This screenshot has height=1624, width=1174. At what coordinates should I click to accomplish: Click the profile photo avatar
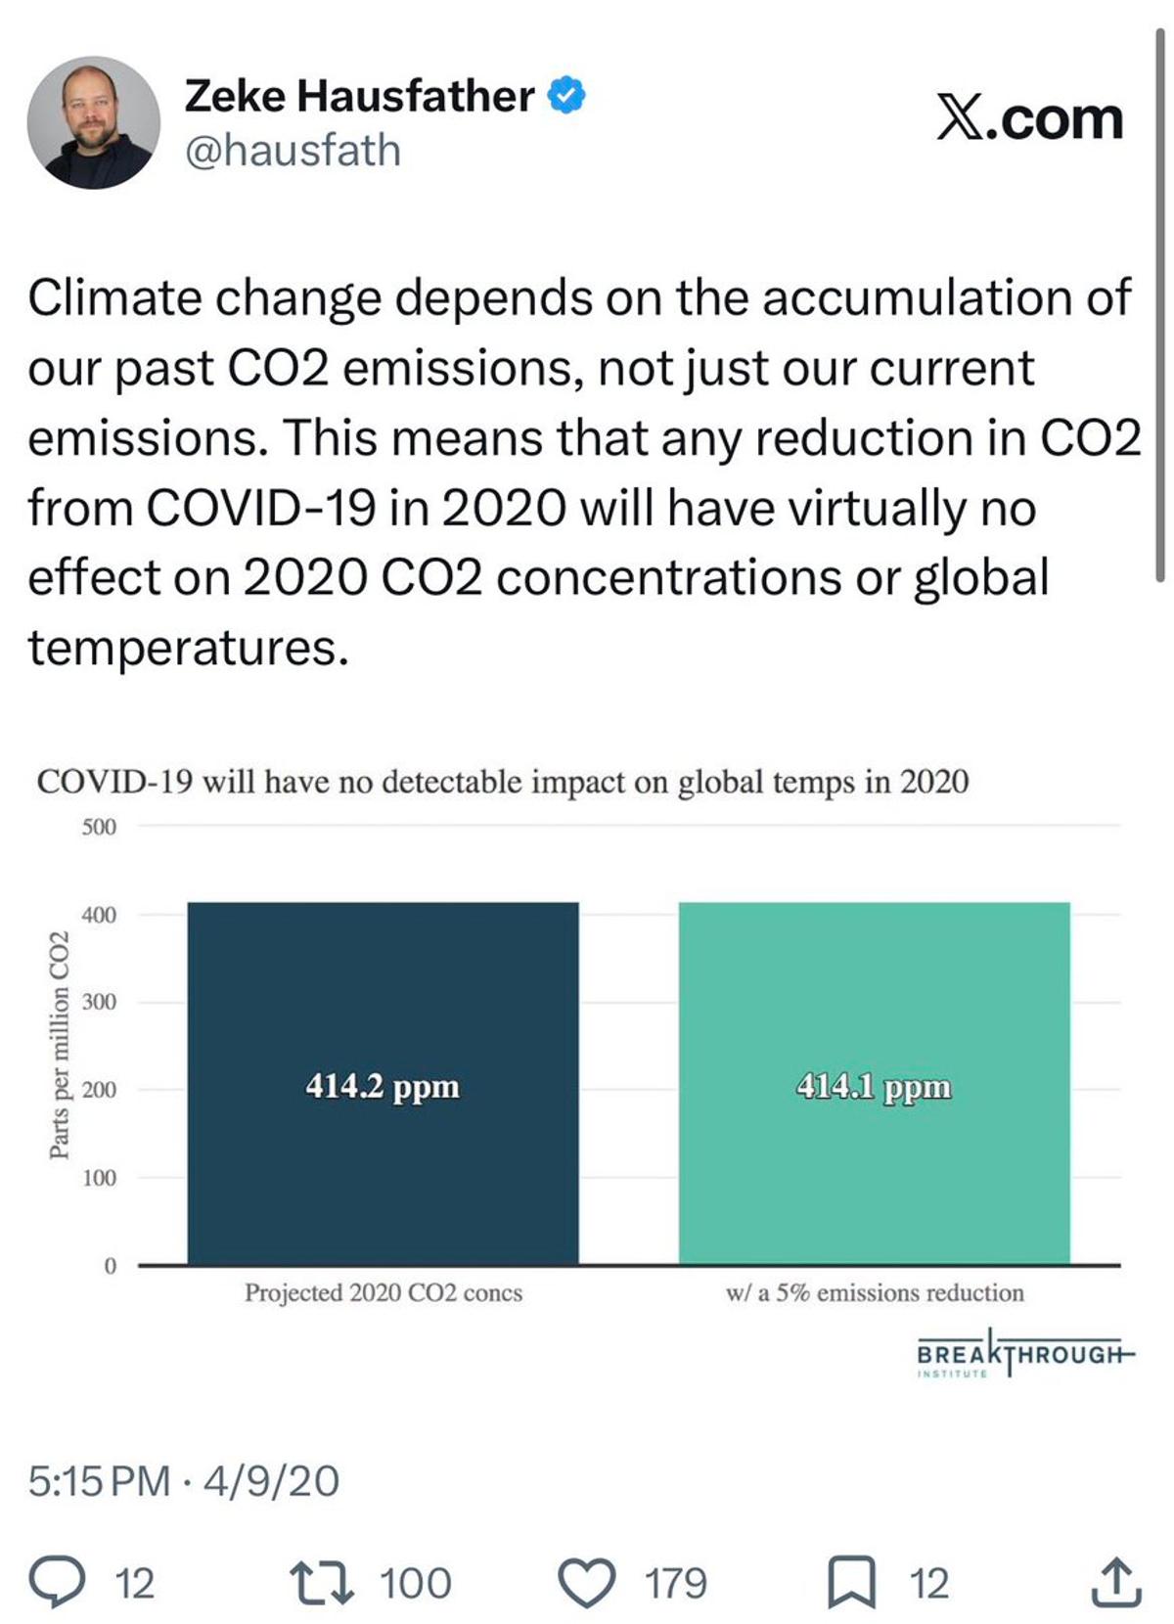(x=94, y=121)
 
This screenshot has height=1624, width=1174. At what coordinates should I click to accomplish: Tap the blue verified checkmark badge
(x=566, y=95)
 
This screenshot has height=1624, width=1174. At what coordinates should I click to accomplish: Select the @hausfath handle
(x=293, y=151)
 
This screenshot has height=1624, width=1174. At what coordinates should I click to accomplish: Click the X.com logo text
(x=1030, y=118)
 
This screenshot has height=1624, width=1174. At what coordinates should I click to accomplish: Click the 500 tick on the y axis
(x=99, y=827)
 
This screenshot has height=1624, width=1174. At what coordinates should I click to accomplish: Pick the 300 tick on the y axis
(x=99, y=1002)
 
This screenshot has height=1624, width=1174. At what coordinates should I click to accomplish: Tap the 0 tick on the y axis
(x=110, y=1266)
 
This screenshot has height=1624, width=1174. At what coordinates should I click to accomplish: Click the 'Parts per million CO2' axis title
(x=60, y=1045)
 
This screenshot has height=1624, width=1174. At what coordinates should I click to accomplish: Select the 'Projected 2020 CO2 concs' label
(x=384, y=1292)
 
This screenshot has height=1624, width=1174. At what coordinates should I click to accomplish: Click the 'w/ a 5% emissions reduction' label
(x=875, y=1292)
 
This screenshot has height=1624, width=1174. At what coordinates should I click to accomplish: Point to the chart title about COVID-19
(x=503, y=782)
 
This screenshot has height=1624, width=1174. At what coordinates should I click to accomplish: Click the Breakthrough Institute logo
(x=1023, y=1355)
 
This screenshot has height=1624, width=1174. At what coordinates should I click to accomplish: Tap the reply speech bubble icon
(x=56, y=1582)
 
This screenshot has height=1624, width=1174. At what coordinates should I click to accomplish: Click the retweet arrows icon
(x=322, y=1582)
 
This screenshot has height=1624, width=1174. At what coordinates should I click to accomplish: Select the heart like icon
(x=586, y=1582)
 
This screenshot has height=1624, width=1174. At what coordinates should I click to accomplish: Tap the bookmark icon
(x=851, y=1582)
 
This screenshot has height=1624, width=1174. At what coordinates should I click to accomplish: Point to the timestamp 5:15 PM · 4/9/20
(x=184, y=1480)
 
